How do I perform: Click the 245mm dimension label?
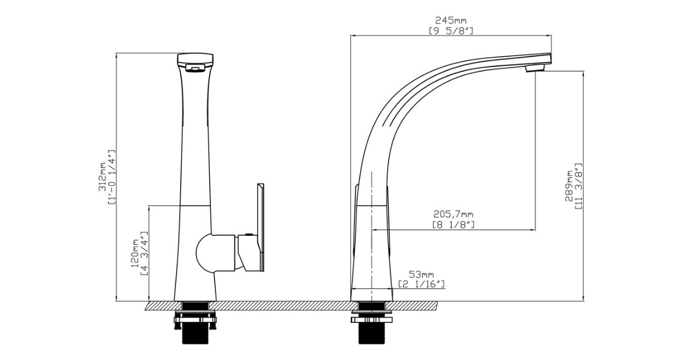(451, 21)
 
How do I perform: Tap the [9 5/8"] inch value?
(451, 30)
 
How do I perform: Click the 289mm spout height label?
(569, 186)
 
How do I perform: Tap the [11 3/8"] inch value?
(578, 186)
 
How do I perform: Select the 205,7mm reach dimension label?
(453, 214)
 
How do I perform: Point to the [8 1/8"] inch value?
(453, 224)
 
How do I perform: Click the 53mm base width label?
(421, 275)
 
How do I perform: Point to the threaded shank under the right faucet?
(371, 335)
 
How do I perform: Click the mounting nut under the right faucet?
(371, 317)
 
